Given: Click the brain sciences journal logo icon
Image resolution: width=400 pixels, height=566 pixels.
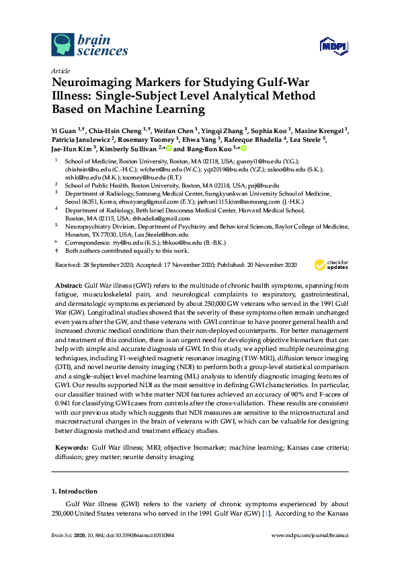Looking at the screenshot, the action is point(63,44).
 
